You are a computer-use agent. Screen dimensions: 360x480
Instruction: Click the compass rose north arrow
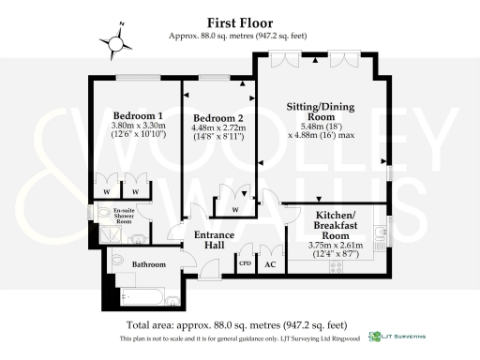pos(117,40)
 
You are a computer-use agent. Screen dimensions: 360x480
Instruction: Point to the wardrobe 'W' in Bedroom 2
pos(234,208)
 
